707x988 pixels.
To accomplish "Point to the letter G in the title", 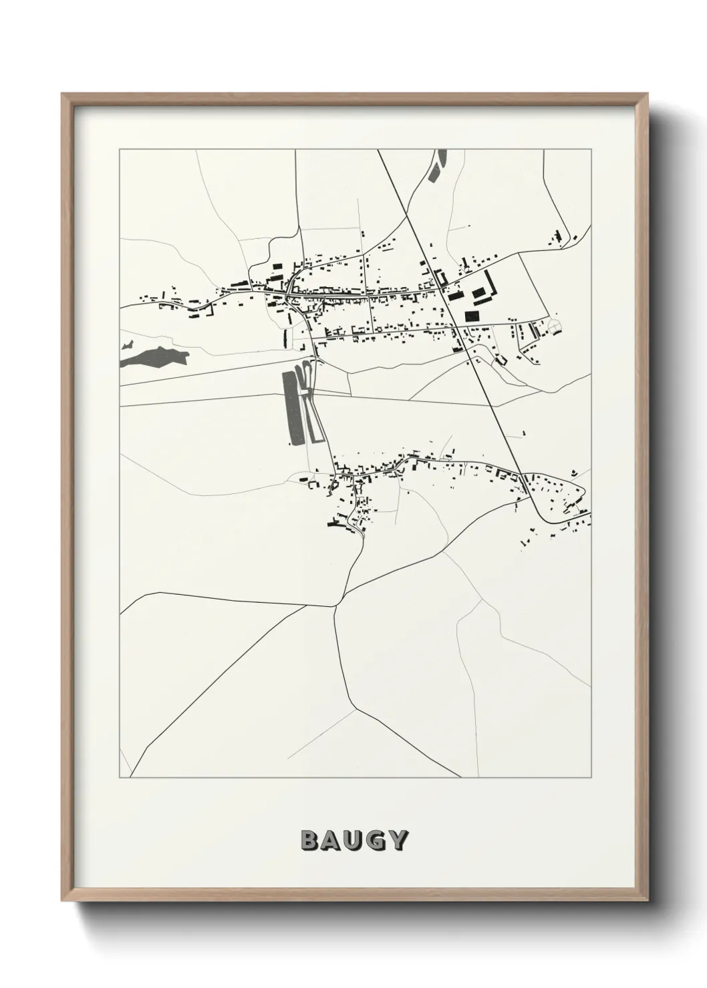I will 376,840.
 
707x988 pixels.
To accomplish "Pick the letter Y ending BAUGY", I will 398,840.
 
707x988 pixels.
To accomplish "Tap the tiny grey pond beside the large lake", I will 127,346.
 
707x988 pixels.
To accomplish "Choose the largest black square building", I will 472,316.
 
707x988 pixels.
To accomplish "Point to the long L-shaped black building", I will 490,283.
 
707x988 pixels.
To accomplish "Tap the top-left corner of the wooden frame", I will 63,95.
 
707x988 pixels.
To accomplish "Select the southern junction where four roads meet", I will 334,605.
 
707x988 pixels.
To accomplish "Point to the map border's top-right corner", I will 591,150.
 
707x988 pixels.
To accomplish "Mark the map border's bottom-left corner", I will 120,778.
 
